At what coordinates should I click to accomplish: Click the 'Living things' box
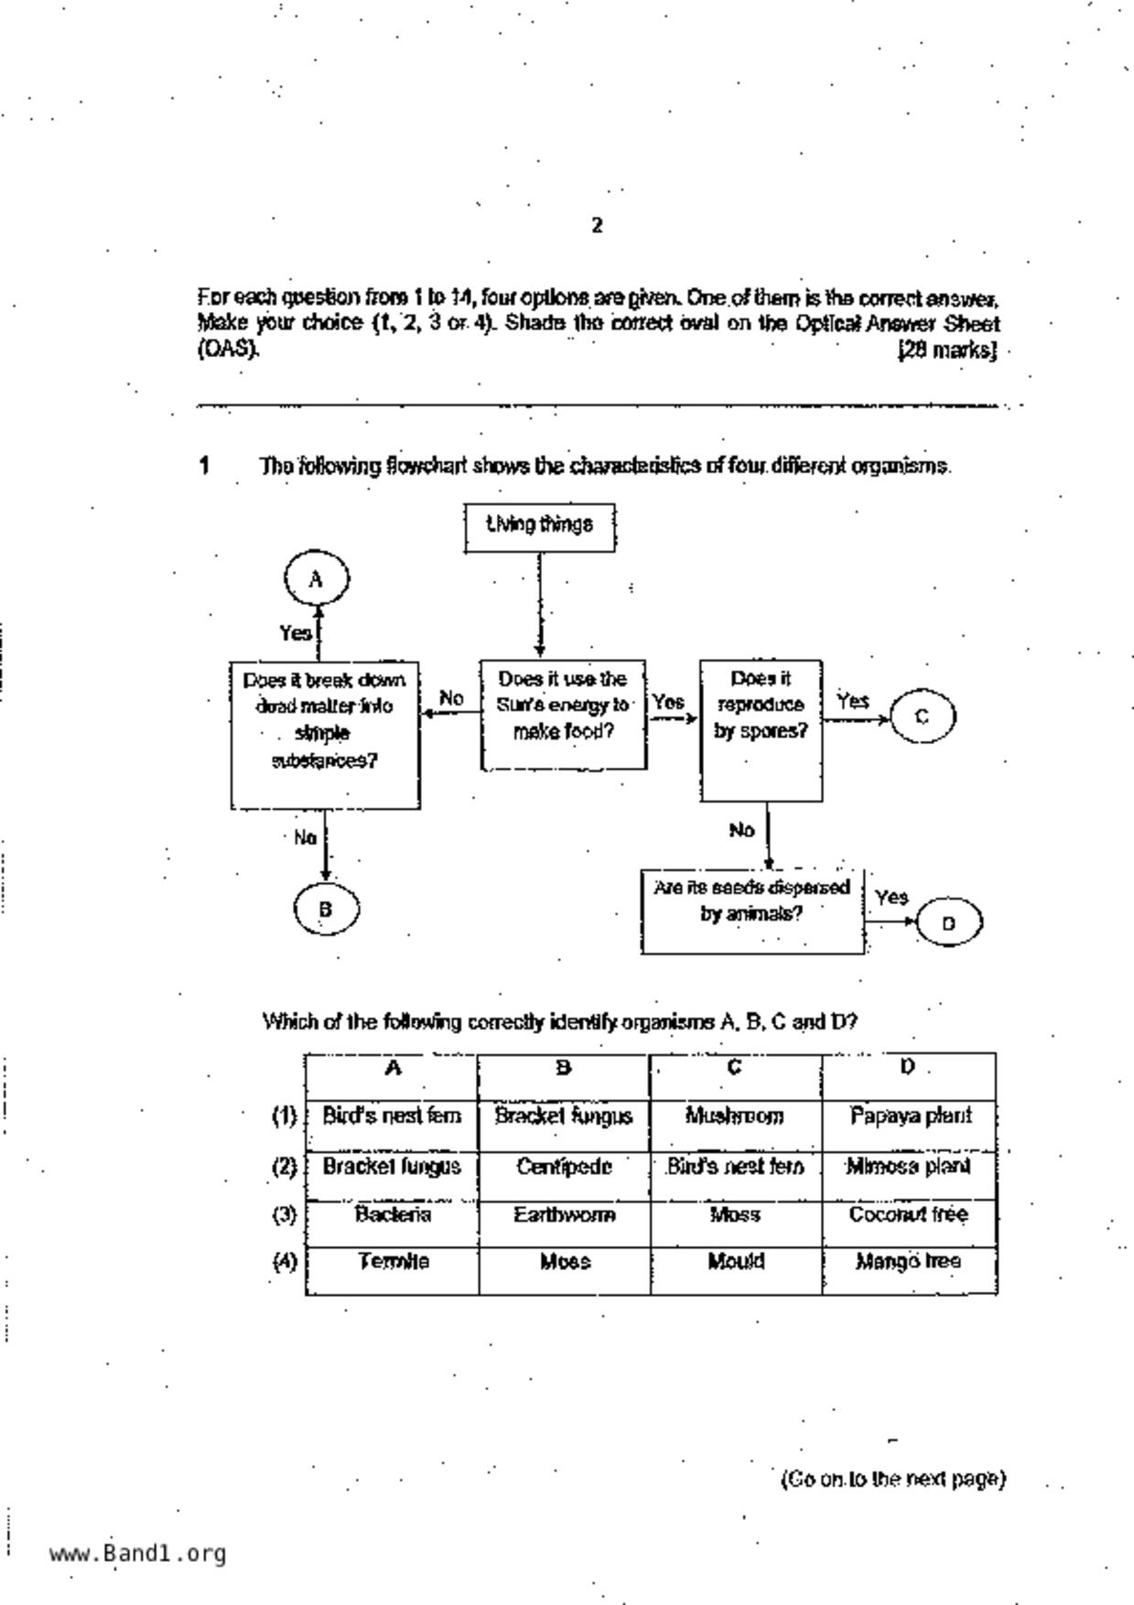pyautogui.click(x=539, y=526)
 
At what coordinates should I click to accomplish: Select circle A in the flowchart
pyautogui.click(x=317, y=579)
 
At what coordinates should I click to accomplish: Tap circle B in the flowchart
pyautogui.click(x=326, y=909)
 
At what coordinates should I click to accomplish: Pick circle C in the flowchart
pyautogui.click(x=923, y=716)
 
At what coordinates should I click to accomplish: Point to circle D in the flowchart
pyautogui.click(x=948, y=922)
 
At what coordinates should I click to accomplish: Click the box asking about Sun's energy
pyautogui.click(x=563, y=715)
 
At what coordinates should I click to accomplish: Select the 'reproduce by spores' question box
pyautogui.click(x=761, y=730)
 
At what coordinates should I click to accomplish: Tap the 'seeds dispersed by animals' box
pyautogui.click(x=751, y=911)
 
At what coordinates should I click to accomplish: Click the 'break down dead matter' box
pyautogui.click(x=325, y=735)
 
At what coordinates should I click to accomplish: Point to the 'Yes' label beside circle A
pyautogui.click(x=295, y=632)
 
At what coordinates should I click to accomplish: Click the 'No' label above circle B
pyautogui.click(x=305, y=837)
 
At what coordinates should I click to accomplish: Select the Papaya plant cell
pyautogui.click(x=909, y=1116)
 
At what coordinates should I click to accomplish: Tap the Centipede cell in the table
pyautogui.click(x=563, y=1167)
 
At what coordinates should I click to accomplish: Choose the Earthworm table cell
pyautogui.click(x=563, y=1215)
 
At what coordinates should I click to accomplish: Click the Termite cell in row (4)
pyautogui.click(x=393, y=1262)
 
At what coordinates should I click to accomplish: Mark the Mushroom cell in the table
pyautogui.click(x=735, y=1116)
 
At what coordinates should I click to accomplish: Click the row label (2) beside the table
pyautogui.click(x=285, y=1167)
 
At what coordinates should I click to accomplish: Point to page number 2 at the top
pyautogui.click(x=597, y=225)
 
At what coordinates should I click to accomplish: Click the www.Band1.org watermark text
pyautogui.click(x=137, y=1554)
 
